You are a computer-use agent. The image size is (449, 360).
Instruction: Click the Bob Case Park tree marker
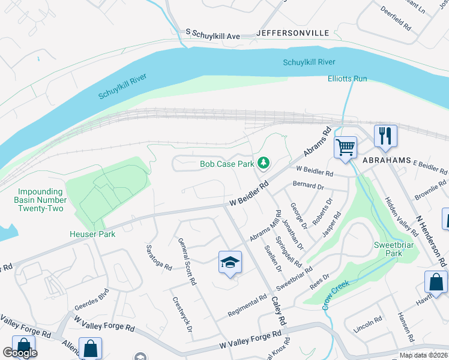point(263,163)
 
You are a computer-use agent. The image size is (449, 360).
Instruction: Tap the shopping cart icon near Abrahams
point(345,146)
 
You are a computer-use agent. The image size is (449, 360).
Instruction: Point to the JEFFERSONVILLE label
point(293,33)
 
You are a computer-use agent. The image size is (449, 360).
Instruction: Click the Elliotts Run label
point(347,79)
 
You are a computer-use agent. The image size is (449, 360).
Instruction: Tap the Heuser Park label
point(92,234)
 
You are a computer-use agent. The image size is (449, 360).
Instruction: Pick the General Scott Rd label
point(187,261)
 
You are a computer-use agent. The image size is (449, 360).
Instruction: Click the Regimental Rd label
point(247,307)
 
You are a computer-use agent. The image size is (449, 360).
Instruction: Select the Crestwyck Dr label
point(181,314)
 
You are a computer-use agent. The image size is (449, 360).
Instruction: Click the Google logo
point(20,353)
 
